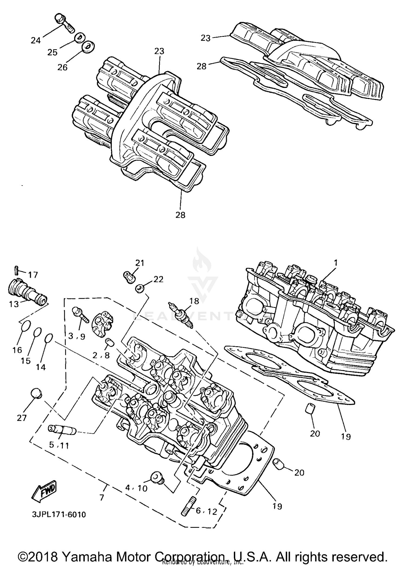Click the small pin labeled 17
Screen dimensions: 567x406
coord(16,269)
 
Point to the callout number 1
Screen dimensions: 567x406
coord(336,262)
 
